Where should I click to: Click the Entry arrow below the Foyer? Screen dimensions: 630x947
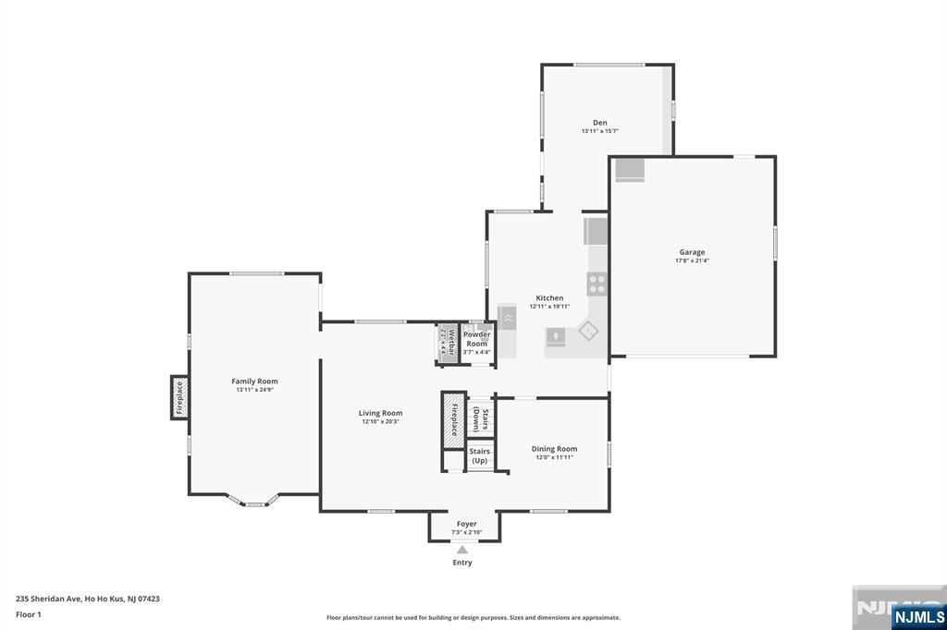[x=461, y=551]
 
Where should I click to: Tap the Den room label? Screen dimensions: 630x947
[x=599, y=122]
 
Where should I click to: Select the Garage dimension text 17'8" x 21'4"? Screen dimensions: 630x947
[x=692, y=260]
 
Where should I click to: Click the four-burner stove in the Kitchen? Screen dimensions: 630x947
[x=597, y=284]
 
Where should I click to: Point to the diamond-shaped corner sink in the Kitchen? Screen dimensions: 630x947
[x=588, y=329]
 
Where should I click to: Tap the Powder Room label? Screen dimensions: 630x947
[x=477, y=339]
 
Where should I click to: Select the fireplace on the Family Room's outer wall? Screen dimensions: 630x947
[x=179, y=397]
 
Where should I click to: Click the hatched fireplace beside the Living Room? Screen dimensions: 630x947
[x=454, y=419]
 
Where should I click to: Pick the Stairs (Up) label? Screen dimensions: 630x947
[x=479, y=455]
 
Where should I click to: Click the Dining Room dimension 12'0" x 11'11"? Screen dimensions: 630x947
[x=554, y=457]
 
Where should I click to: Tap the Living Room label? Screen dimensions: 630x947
[x=380, y=413]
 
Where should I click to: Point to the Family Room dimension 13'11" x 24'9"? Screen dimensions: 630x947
[x=254, y=390]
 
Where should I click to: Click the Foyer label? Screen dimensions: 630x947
[x=466, y=524]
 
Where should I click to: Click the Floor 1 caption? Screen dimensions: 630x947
[x=29, y=614]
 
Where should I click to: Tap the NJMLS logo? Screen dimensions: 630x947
[x=918, y=616]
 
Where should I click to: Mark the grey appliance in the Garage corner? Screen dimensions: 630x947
[x=630, y=169]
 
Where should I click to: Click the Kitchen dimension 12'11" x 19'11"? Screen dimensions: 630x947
[x=549, y=307]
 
